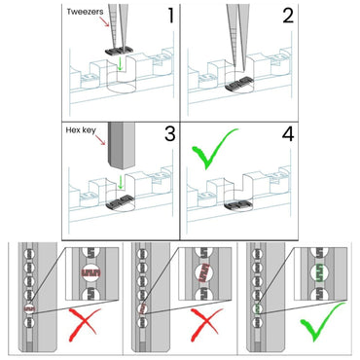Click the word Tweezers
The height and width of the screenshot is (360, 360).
tap(85, 12)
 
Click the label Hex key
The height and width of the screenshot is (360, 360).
tap(81, 130)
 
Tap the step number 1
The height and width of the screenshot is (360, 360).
tap(171, 16)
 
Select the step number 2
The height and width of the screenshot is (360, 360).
tap(288, 16)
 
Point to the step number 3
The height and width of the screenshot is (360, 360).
tap(170, 133)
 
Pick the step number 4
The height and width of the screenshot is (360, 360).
tap(288, 133)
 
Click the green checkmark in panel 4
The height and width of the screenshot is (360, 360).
tap(214, 149)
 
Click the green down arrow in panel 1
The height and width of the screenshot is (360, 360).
tap(121, 63)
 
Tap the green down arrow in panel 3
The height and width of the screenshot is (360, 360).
tap(121, 183)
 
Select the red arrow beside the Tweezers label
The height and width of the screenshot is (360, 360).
tap(104, 21)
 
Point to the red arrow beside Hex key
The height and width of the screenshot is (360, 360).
tap(101, 140)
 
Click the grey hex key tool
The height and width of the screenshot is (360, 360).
tap(121, 146)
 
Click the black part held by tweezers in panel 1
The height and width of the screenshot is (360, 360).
tap(119, 51)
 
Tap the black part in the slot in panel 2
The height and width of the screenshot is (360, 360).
tap(239, 84)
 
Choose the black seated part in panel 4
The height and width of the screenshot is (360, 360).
tap(238, 205)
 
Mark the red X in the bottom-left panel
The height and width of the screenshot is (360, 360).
tap(83, 325)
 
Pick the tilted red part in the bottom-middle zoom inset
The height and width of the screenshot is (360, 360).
tap(204, 272)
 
